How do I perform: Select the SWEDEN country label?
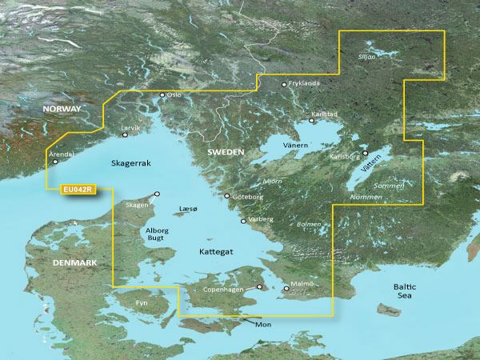tap(226, 151)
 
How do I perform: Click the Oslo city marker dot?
tap(162, 95)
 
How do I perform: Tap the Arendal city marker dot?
tap(55, 162)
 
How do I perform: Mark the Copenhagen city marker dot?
tap(258, 287)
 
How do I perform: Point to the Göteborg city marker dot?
tap(226, 196)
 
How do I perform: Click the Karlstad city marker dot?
tap(312, 121)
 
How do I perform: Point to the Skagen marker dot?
tap(157, 194)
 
